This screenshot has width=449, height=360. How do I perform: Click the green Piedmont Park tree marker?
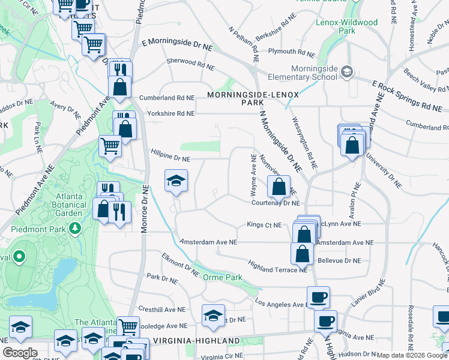74,228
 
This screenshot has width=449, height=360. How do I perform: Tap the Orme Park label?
222,277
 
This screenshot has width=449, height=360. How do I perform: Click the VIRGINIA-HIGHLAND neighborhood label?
196,341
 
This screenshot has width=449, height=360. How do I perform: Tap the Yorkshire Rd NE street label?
167,113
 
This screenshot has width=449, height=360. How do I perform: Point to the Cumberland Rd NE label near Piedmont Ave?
167,97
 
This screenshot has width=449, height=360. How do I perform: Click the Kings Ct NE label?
264,225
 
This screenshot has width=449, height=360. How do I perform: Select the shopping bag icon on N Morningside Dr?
279,187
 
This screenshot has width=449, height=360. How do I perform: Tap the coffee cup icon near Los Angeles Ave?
318,296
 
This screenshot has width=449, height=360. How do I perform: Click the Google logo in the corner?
20,353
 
